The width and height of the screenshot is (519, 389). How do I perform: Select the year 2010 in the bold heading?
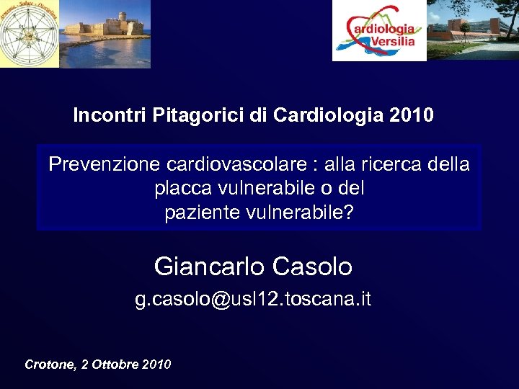coord(411,116)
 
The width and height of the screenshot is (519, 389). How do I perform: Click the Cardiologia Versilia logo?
coord(379,31)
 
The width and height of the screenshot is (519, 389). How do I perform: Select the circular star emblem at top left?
coord(19,33)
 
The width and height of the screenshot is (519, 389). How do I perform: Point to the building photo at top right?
coord(473,30)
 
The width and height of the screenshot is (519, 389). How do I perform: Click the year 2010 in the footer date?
coord(157,365)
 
